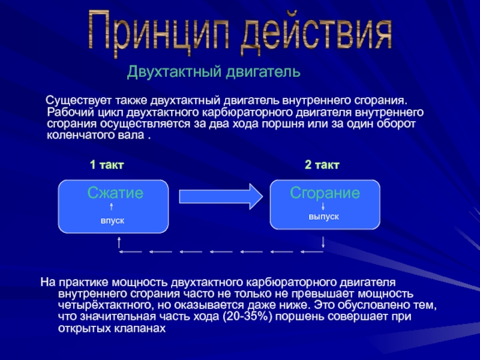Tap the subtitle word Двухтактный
click(174, 73)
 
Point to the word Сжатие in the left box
click(115, 193)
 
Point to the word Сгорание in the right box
click(325, 193)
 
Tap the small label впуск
click(112, 221)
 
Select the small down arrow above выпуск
click(324, 206)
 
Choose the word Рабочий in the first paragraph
click(66, 112)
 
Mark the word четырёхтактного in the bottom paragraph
click(101, 305)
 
